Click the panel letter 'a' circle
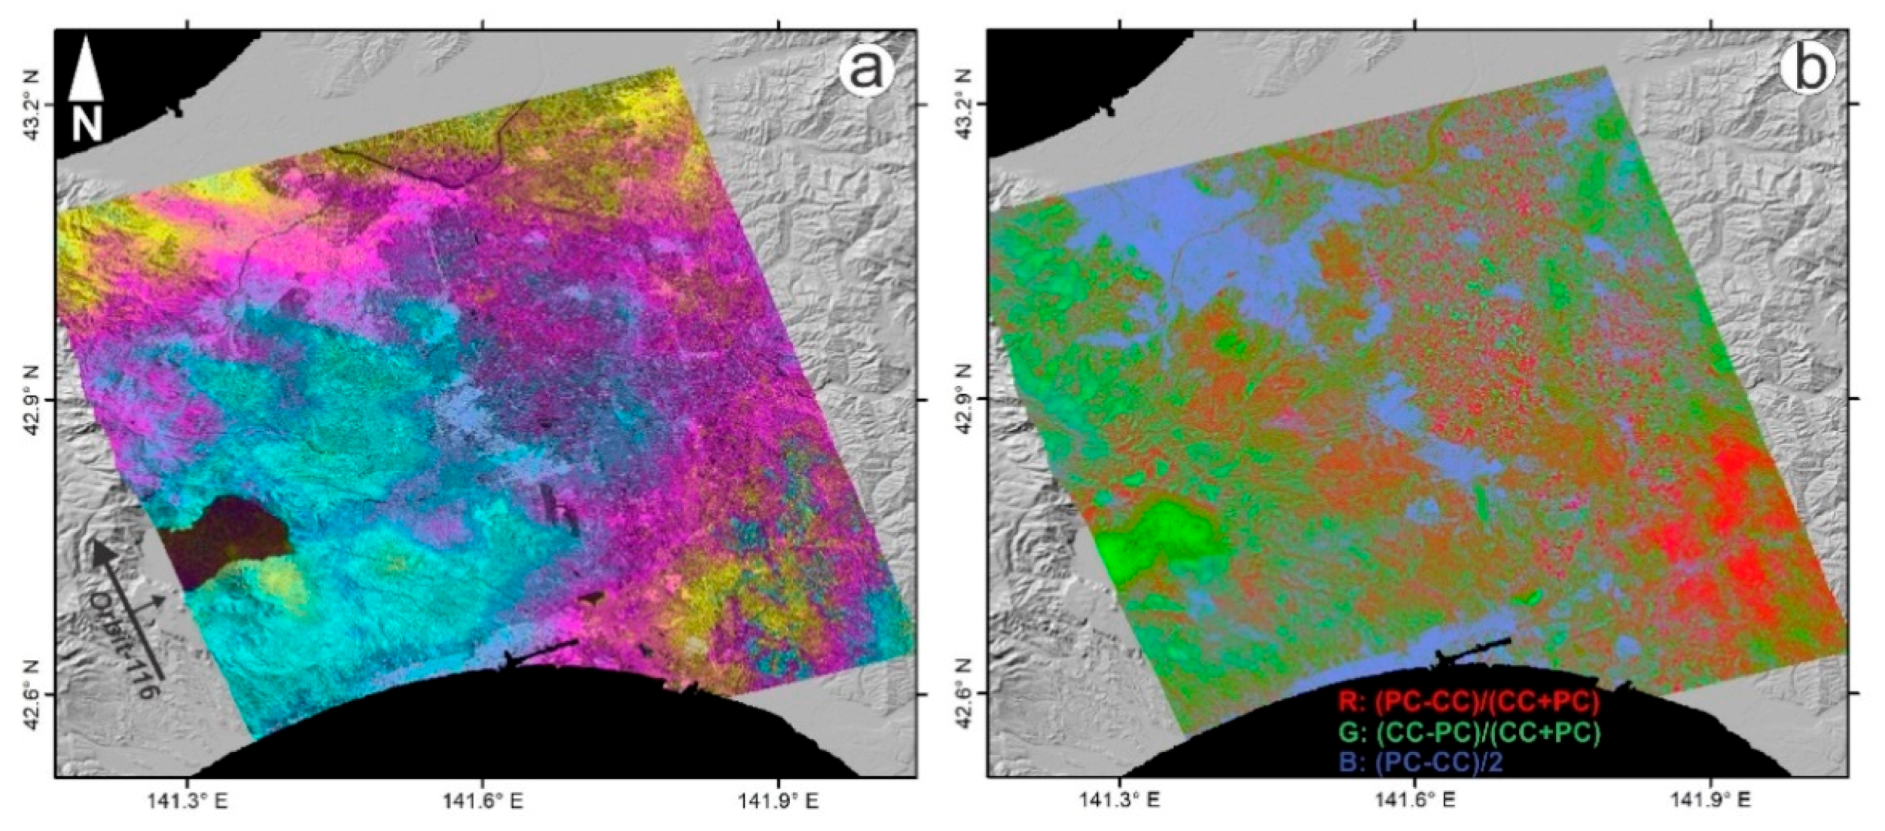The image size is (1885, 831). pos(866,72)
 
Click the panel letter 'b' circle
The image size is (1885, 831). pos(1803,72)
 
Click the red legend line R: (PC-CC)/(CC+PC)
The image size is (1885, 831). pos(1469,702)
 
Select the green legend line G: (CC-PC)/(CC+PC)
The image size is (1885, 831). pos(1469,732)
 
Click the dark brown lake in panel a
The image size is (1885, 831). pos(226,539)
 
